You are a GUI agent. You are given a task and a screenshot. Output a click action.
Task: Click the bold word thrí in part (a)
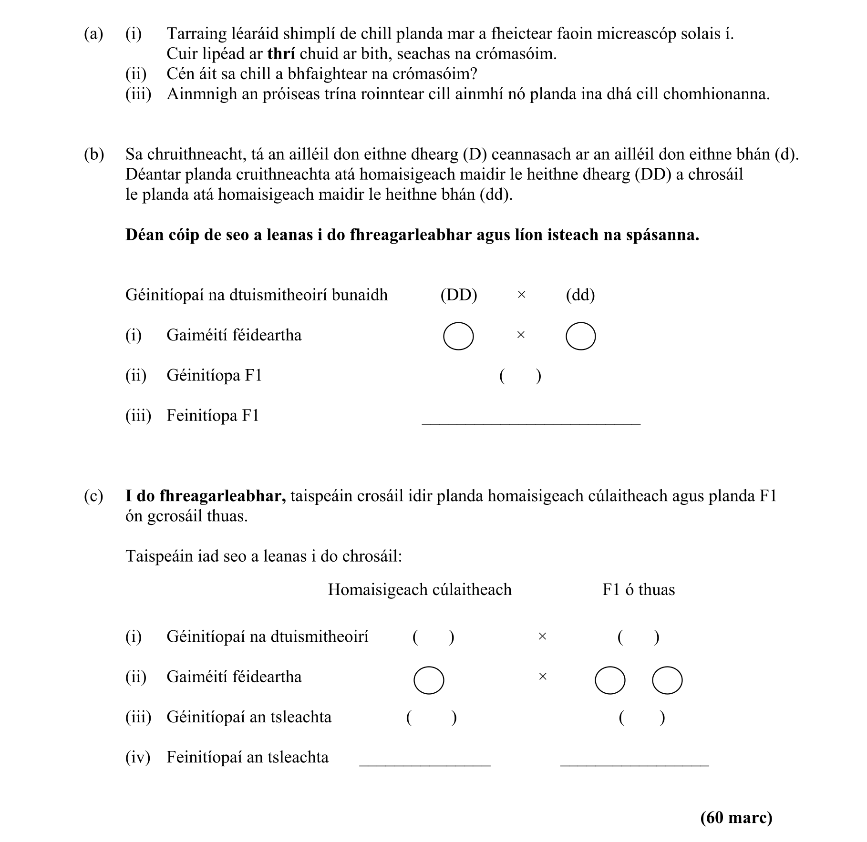281,54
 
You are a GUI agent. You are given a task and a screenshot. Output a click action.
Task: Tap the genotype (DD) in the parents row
459,295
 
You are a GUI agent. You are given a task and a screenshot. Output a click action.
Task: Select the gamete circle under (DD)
458,336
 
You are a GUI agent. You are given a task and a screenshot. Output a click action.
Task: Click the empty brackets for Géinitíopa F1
520,376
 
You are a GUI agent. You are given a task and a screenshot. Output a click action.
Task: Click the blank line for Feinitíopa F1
531,422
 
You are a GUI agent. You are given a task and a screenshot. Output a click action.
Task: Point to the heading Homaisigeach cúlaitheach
420,590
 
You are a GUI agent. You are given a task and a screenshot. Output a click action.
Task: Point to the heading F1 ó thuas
639,590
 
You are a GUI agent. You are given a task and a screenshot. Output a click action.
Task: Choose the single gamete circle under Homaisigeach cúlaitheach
429,680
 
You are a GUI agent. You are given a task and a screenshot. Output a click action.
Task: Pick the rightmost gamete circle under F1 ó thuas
667,680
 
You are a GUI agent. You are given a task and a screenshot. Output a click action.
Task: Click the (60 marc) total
736,817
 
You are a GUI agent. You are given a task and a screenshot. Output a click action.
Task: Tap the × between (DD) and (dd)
521,295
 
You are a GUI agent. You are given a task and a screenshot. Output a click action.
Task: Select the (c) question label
93,496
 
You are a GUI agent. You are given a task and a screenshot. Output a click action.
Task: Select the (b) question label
93,154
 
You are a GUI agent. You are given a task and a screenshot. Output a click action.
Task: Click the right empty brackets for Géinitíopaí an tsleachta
641,718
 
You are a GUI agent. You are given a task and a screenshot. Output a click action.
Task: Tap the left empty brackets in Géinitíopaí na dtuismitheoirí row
433,637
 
